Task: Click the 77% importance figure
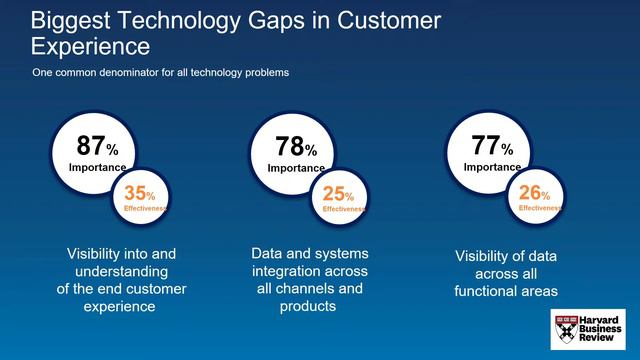(492, 146)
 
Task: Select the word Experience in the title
(90, 46)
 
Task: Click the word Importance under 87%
(97, 168)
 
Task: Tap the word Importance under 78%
(295, 168)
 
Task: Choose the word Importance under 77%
(492, 167)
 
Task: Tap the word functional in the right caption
(491, 291)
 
